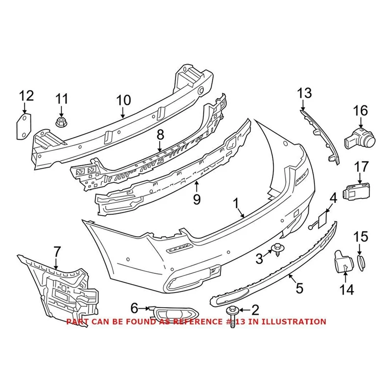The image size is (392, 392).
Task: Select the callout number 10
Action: point(123,100)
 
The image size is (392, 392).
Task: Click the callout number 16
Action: point(360,111)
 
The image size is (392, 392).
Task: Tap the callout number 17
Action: point(361,167)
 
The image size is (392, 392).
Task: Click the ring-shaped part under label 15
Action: point(361,262)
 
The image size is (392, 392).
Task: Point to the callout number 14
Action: point(346,290)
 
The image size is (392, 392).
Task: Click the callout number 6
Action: point(134,308)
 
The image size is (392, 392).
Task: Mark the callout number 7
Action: point(57,252)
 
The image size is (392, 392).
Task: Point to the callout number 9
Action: point(196,199)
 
